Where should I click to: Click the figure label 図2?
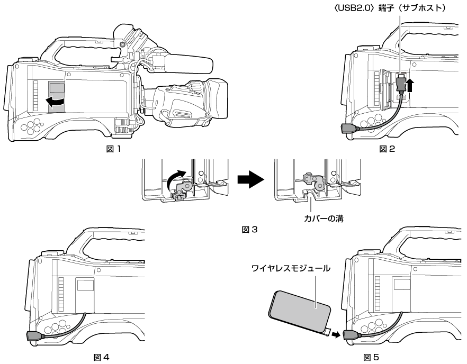click(x=388, y=149)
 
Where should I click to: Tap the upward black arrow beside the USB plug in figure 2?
click(x=411, y=85)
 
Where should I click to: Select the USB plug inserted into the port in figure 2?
click(x=401, y=83)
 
